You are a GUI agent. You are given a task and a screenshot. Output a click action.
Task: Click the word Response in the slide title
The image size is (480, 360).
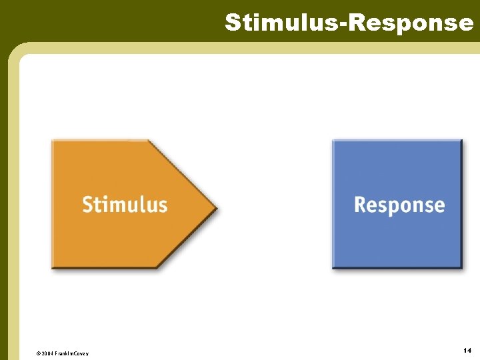pyautogui.click(x=411, y=22)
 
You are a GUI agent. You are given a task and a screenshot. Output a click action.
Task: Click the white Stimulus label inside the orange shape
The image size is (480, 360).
pyautogui.click(x=125, y=204)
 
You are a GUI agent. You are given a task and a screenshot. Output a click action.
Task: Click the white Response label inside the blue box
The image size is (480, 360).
pyautogui.click(x=399, y=205)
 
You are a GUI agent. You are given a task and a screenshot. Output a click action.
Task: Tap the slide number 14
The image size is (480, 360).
pyautogui.click(x=467, y=350)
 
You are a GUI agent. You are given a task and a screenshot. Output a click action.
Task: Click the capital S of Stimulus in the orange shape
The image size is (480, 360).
pyautogui.click(x=87, y=204)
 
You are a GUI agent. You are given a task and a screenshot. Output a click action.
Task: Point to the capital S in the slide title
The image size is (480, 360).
pyautogui.click(x=233, y=22)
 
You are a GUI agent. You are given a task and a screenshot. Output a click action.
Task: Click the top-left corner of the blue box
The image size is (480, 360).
pyautogui.click(x=334, y=141)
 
